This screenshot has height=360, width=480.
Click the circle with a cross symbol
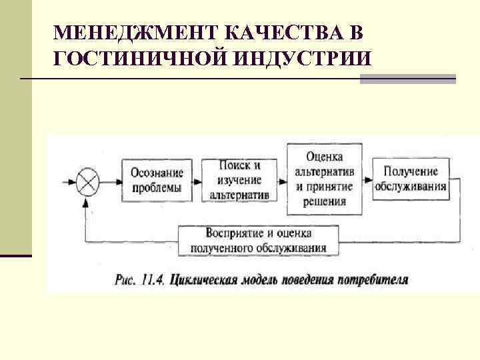pyautogui.click(x=87, y=180)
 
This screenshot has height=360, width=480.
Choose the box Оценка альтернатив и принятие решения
pyautogui.click(x=325, y=179)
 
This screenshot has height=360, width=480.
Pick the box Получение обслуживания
pyautogui.click(x=410, y=179)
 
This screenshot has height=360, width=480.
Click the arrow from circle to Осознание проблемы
pyautogui.click(x=111, y=180)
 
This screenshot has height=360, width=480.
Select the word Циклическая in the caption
pyautogui.click(x=202, y=278)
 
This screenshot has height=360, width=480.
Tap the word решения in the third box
pyautogui.click(x=325, y=201)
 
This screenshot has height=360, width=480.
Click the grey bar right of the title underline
pyautogui.click(x=408, y=79)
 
